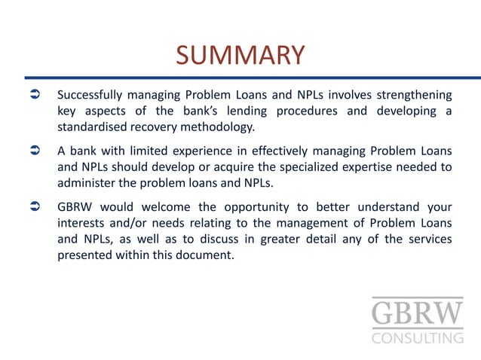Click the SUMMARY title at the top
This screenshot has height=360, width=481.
(240, 55)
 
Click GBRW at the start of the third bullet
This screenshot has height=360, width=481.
(76, 207)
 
